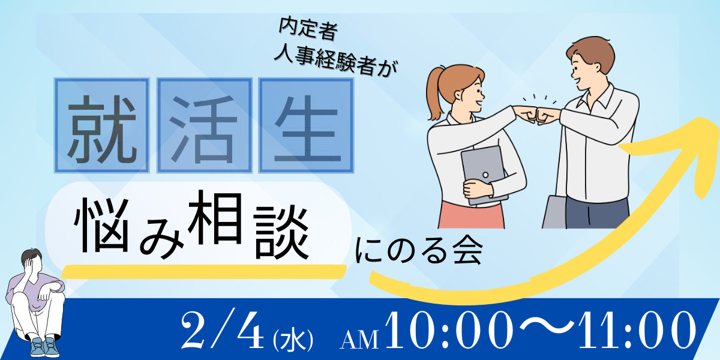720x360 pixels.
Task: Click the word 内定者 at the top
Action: [x=308, y=29]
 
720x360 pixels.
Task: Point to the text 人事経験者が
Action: [x=336, y=61]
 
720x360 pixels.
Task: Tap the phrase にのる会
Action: [x=419, y=251]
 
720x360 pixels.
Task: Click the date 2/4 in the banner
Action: [x=223, y=330]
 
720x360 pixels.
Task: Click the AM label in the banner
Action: [x=359, y=340]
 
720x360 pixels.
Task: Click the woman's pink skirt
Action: [x=471, y=215]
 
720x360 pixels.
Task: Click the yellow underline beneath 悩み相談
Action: [x=204, y=272]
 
